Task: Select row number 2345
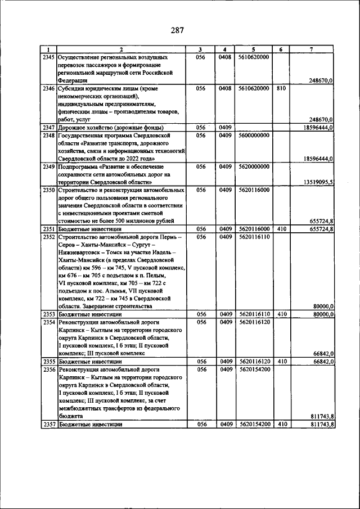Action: [x=49, y=57]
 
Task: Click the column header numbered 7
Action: [x=311, y=49]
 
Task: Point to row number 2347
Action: [x=49, y=128]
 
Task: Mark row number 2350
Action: [x=49, y=190]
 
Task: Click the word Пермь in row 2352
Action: [x=168, y=237]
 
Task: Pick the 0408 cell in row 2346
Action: [x=225, y=88]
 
